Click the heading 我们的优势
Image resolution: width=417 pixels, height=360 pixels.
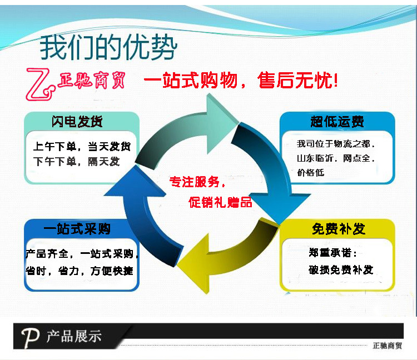pos(108,48)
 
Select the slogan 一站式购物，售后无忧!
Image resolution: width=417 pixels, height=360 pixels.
pos(241,82)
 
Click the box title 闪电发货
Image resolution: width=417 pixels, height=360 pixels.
pos(77,121)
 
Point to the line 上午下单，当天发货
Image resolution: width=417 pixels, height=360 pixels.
pos(82,147)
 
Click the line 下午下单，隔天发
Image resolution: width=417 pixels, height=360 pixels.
pos(76,162)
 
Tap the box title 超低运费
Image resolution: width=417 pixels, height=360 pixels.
pos(337,122)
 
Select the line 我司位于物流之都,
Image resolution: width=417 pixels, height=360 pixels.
pos(336,144)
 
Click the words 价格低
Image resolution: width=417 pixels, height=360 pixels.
pos(311,173)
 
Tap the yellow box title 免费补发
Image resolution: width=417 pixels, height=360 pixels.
pos(338,229)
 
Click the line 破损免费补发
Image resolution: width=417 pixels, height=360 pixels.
pos(341,270)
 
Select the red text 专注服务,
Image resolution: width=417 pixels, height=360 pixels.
pos(197,181)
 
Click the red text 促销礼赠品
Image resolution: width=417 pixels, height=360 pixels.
pos(220,202)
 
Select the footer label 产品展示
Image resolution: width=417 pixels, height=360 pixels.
pos(74,336)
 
